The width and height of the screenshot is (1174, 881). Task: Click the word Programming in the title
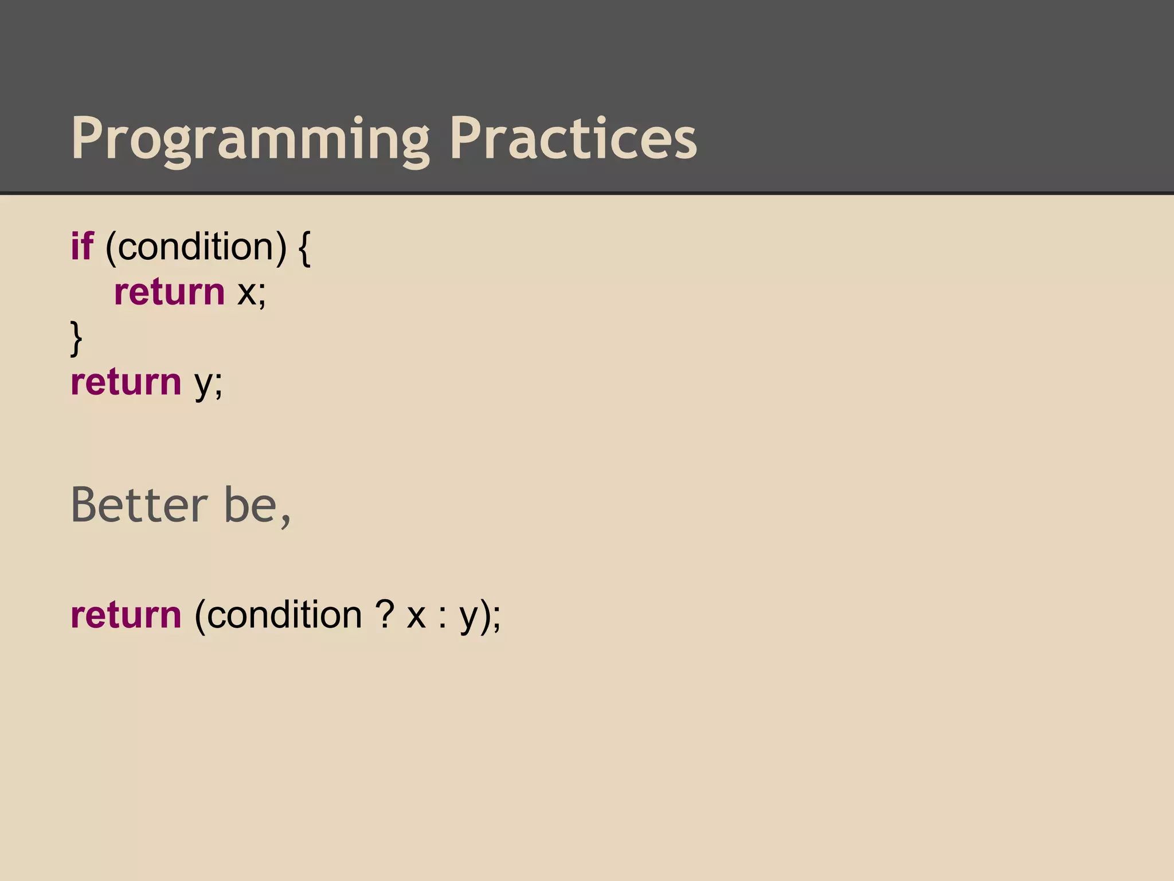coord(250,139)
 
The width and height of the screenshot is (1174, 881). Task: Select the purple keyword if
coord(81,247)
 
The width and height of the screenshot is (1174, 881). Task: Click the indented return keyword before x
coord(170,293)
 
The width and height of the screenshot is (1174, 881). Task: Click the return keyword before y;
coord(126,383)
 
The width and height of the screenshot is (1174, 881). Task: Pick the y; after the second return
coord(208,384)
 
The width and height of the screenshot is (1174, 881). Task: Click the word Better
coord(139,505)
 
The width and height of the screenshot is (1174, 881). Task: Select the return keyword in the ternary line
coord(126,615)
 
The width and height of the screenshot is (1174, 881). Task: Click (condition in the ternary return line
coord(278,616)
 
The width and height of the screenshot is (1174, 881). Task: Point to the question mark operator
coord(385,615)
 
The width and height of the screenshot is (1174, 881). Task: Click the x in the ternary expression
coord(416,617)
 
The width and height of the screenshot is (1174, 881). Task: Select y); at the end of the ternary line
coord(480,617)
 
